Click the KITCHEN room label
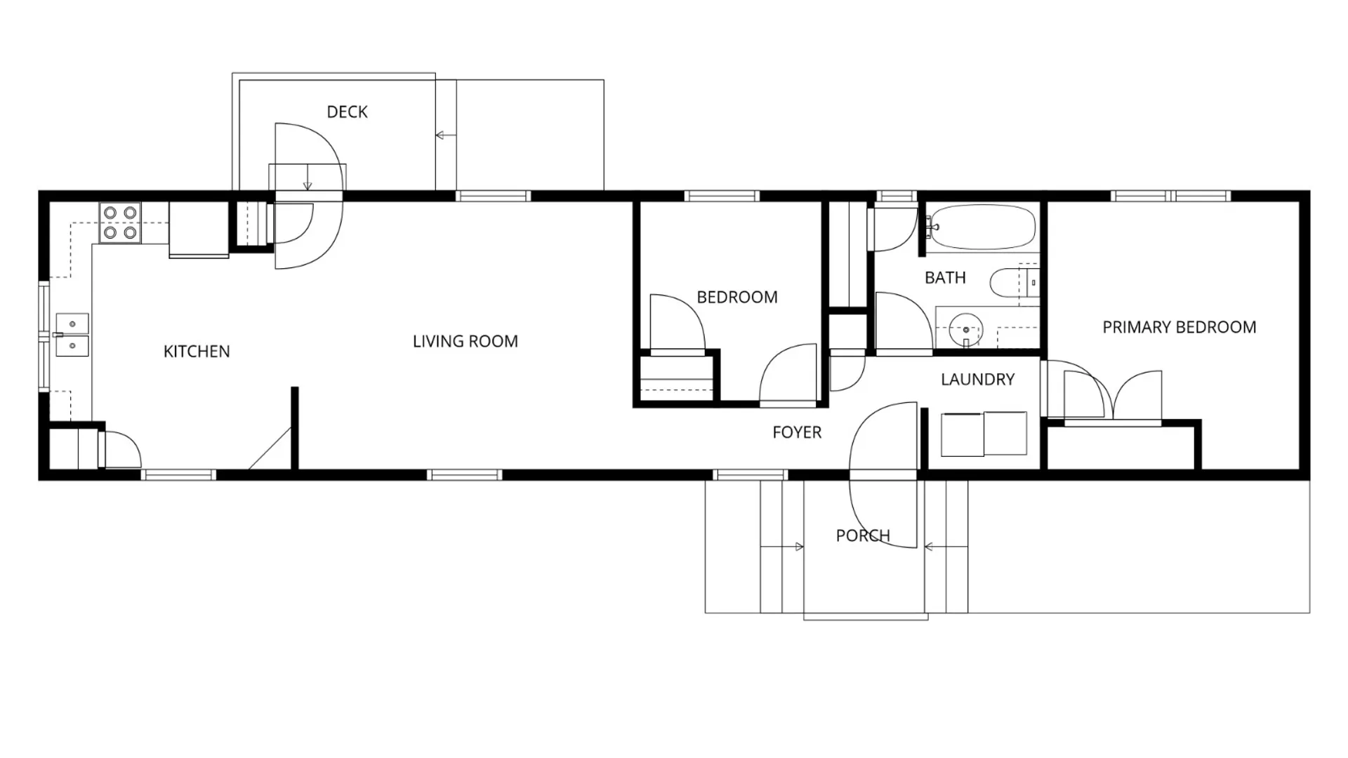point(197,352)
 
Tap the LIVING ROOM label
point(465,342)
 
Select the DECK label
point(348,112)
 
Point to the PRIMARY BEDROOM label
point(1179,327)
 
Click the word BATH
point(945,278)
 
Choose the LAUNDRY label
point(978,380)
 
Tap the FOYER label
point(797,432)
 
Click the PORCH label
point(863,536)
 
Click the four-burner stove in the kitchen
point(120,222)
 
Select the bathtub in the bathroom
point(982,227)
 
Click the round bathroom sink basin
point(966,329)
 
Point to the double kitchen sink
point(72,335)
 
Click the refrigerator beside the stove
point(199,229)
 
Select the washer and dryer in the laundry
point(984,434)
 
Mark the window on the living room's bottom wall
point(465,475)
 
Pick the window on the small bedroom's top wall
point(722,196)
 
